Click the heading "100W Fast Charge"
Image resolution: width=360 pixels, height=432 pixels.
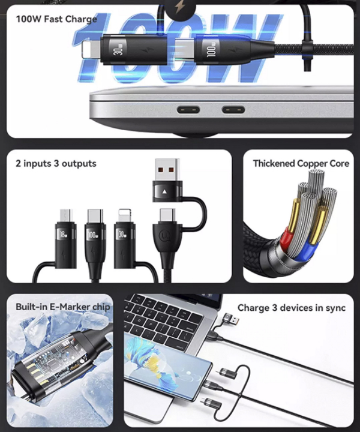point(56,19)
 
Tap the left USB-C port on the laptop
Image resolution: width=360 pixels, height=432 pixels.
point(188,110)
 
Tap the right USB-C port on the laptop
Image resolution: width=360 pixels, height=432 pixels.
point(233,110)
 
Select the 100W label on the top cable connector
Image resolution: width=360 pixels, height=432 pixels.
point(211,50)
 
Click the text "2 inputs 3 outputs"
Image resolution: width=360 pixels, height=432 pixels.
point(56,163)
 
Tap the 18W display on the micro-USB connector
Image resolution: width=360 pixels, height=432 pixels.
point(64,235)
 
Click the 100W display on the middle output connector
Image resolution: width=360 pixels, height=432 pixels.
point(92,235)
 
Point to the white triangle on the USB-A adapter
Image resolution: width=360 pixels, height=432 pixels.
point(164,191)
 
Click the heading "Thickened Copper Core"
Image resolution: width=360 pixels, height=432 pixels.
point(301,163)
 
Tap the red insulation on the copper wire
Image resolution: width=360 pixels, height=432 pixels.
point(286,237)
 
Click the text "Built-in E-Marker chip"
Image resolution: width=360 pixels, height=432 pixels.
point(63,307)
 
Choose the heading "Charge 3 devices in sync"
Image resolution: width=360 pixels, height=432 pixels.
point(292,308)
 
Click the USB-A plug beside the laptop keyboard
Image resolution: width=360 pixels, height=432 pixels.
point(232,319)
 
